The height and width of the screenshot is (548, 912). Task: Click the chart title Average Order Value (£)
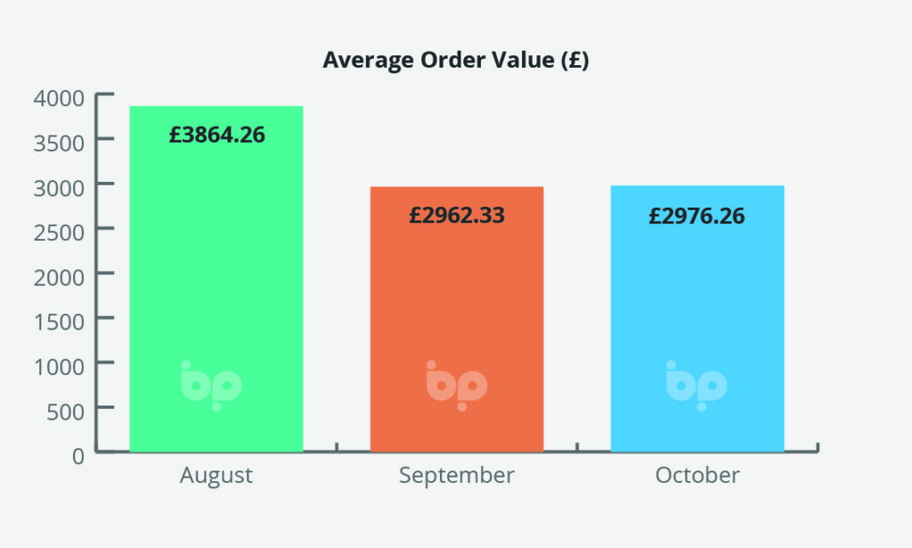[x=456, y=60]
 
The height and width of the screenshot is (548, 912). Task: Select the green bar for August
[x=216, y=279]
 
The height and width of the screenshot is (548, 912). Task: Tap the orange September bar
[x=457, y=319]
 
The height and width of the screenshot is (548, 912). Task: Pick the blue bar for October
[x=697, y=318]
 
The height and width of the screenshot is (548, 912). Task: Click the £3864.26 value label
[x=217, y=135]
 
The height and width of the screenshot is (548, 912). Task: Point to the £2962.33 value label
[x=457, y=216]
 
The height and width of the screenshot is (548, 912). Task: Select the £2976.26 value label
[x=696, y=216]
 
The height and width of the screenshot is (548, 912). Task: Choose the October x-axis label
[x=697, y=475]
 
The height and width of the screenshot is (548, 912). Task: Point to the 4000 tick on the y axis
[x=59, y=98]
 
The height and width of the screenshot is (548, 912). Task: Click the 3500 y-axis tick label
[x=59, y=143]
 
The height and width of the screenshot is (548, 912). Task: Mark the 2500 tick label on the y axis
[x=59, y=233]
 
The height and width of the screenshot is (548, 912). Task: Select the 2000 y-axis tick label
[x=59, y=277]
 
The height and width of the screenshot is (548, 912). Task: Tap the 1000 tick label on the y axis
[x=60, y=367]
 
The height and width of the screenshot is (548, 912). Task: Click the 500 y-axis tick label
[x=66, y=412]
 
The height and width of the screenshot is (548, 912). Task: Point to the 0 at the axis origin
[x=78, y=456]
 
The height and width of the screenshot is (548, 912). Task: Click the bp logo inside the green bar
[x=211, y=386]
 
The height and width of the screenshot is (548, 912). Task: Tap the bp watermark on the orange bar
[x=457, y=386]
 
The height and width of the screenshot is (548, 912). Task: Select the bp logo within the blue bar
[x=696, y=386]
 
